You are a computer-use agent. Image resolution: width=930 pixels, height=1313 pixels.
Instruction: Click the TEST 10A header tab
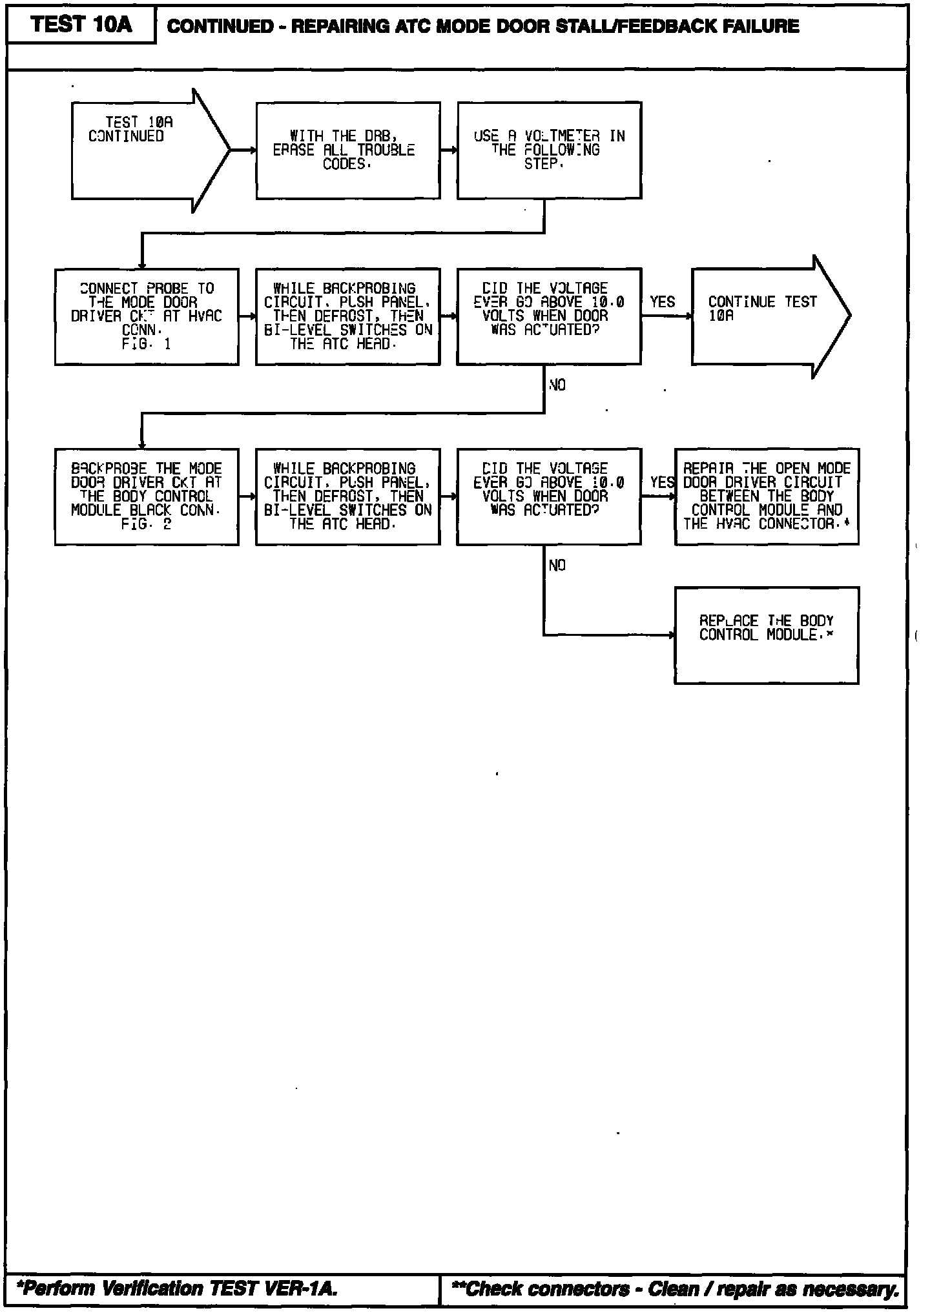point(81,25)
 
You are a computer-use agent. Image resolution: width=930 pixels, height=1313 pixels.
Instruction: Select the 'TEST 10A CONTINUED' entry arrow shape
point(145,150)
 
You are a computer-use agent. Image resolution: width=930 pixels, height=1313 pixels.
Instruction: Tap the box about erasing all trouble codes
point(348,150)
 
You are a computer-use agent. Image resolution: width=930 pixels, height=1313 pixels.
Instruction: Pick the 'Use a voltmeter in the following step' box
point(549,150)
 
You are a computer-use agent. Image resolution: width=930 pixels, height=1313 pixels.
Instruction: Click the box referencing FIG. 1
point(147,316)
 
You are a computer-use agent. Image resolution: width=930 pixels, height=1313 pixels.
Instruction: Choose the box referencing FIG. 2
point(147,496)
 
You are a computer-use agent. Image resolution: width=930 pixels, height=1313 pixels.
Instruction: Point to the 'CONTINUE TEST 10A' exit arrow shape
point(765,316)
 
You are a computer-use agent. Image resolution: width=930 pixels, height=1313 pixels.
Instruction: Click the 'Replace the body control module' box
point(767,635)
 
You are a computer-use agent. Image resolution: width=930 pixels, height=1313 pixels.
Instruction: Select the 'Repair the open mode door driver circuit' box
point(767,496)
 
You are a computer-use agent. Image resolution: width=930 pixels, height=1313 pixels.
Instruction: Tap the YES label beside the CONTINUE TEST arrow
point(662,302)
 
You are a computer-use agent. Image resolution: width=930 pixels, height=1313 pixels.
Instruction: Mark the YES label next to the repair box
point(662,482)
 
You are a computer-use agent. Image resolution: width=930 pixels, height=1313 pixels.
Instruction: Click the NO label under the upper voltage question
point(557,385)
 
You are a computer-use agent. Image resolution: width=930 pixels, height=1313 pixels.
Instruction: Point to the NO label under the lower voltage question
point(557,565)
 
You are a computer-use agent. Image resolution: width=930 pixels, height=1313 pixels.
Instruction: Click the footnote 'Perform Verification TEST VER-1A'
point(177,1289)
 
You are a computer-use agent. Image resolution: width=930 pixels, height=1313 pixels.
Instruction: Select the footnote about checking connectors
point(675,1289)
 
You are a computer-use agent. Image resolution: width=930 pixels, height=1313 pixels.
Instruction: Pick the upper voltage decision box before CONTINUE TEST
point(549,316)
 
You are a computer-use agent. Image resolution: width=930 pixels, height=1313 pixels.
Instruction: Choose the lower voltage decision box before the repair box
point(549,496)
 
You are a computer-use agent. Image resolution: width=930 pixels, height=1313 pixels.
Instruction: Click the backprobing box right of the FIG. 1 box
point(348,316)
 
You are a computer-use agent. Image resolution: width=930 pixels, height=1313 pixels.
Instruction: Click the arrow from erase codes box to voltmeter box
point(449,150)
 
